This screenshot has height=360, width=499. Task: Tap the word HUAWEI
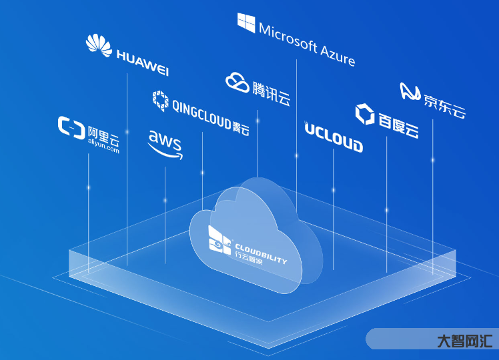[141, 61]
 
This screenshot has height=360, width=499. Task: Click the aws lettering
[163, 139]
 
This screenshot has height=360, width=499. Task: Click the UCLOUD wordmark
[334, 137]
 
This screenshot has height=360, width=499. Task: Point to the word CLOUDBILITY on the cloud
[261, 255]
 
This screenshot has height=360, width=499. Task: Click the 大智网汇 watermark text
[464, 341]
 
